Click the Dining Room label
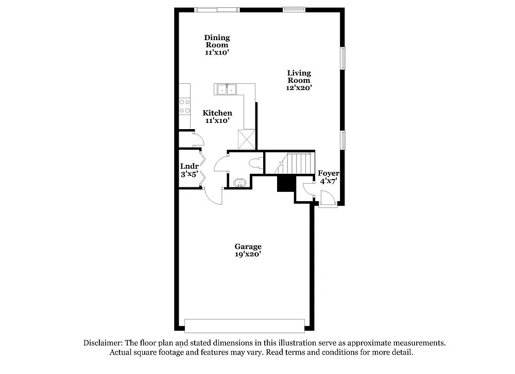coord(217,45)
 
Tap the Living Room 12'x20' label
coord(299,80)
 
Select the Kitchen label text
coord(217,113)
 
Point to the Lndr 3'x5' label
coord(189,170)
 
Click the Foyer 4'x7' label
coord(328,177)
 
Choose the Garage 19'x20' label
coord(248,251)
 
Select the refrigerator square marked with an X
coord(246,139)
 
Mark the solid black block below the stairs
coord(285,183)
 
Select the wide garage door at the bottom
coord(244,326)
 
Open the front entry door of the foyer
coord(327,199)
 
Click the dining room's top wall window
coord(216,9)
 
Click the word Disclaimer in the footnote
coord(102,343)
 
